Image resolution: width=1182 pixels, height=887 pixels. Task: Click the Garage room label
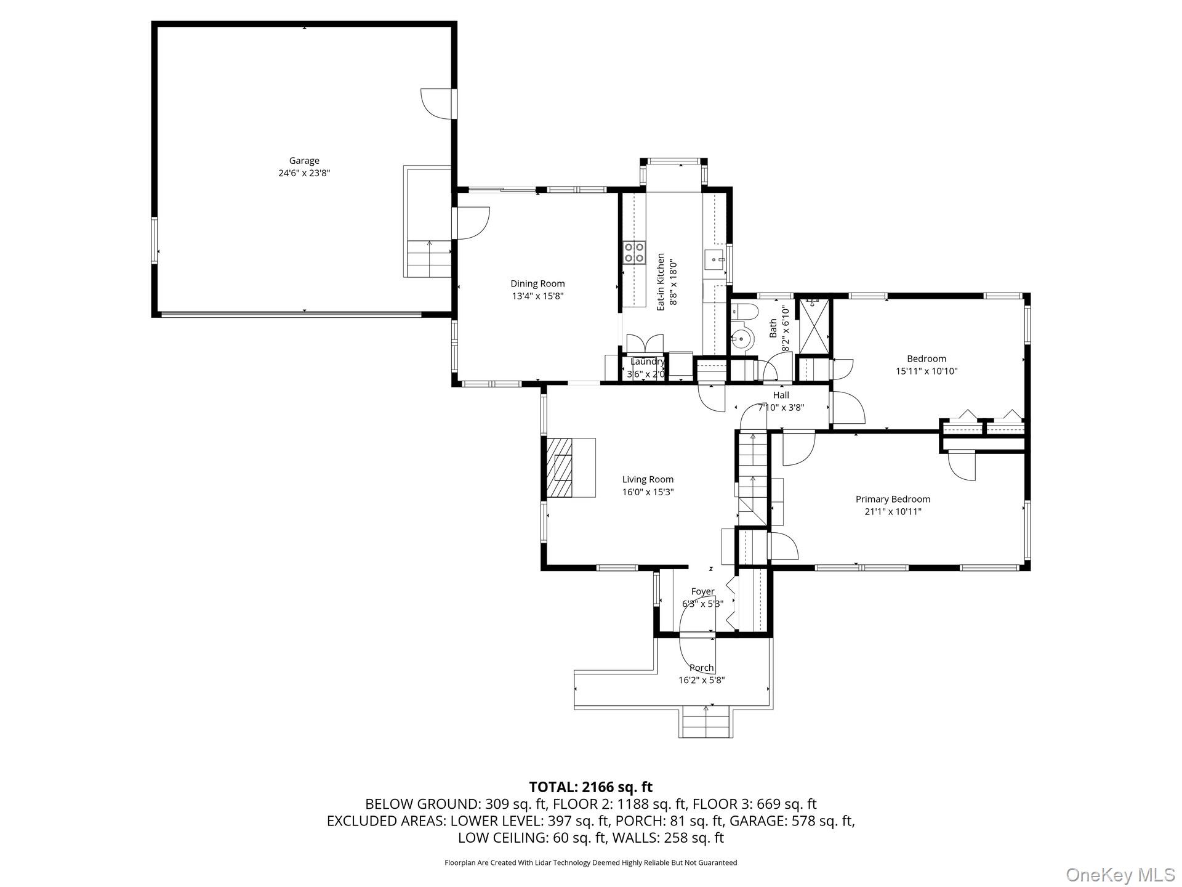[304, 161]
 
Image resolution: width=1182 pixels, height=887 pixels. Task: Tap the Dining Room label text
[537, 284]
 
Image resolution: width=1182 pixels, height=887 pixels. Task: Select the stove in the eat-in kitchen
[634, 253]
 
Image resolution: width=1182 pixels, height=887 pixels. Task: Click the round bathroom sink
[742, 338]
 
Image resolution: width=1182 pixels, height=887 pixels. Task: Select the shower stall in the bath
[814, 327]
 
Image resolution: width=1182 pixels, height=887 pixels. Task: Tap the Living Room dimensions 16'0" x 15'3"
[648, 492]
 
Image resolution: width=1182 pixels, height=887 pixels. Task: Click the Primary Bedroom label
[893, 499]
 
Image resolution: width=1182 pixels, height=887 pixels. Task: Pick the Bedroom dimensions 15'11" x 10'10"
[927, 371]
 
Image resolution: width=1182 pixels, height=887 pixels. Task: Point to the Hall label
[781, 395]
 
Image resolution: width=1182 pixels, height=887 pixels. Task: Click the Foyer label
[702, 591]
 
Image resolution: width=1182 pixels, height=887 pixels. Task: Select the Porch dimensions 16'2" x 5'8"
[701, 681]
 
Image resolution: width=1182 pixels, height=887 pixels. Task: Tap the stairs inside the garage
[429, 259]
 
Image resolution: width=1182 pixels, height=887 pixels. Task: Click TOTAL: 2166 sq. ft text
[590, 787]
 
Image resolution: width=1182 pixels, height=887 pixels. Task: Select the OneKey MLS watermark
[1120, 874]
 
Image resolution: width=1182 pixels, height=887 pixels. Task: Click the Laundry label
[647, 362]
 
